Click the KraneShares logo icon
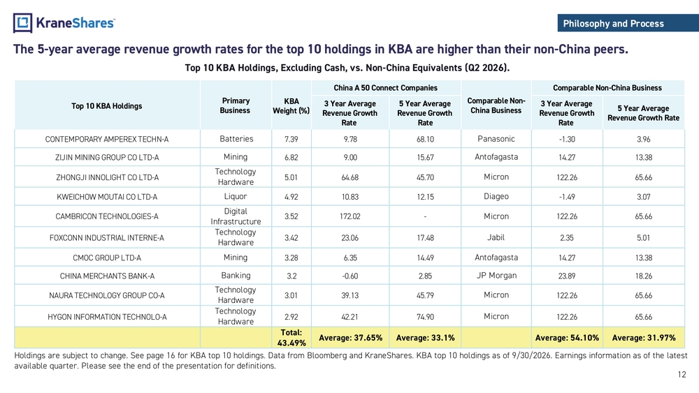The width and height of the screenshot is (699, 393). click(x=22, y=23)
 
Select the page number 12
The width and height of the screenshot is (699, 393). click(x=682, y=374)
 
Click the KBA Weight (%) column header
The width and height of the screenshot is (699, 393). click(x=291, y=106)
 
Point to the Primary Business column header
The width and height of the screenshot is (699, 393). click(x=236, y=106)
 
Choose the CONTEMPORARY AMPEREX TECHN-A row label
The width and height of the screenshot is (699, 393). click(x=107, y=140)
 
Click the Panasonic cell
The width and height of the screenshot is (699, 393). click(x=496, y=139)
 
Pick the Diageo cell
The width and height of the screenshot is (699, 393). click(x=496, y=196)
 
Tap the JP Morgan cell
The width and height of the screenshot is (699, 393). click(x=496, y=276)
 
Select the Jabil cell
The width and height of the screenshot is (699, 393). click(x=496, y=237)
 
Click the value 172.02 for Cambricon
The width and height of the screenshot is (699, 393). click(x=350, y=216)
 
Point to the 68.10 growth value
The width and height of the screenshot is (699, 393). click(x=425, y=140)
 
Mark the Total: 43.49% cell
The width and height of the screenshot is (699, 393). click(x=291, y=338)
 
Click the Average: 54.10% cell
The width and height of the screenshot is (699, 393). click(x=567, y=338)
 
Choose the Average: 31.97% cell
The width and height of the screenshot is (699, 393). click(x=644, y=338)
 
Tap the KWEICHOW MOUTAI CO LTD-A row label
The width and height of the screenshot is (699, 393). click(x=107, y=197)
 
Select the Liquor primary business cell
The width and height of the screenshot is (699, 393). click(x=236, y=196)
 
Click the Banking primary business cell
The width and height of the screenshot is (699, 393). click(x=236, y=276)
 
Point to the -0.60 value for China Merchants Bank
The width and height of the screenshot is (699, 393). click(x=350, y=276)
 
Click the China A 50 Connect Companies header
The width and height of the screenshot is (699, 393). click(x=386, y=88)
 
